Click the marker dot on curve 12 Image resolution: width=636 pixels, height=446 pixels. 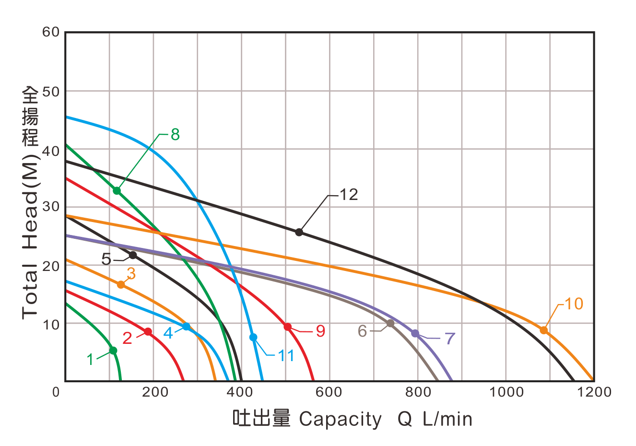pos(299,232)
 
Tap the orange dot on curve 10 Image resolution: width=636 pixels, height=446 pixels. pos(543,330)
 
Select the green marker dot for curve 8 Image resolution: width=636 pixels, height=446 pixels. pos(117,191)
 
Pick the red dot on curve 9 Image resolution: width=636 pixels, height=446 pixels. pos(287,327)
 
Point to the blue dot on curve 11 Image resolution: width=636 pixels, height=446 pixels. pos(253,337)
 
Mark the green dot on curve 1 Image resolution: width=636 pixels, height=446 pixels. pos(113,350)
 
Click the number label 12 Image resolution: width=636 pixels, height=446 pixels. pos(349,195)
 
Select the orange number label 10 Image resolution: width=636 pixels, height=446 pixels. pos(574,304)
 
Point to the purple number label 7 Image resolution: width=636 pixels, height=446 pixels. pos(449,338)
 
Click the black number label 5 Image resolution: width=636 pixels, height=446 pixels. pos(106,259)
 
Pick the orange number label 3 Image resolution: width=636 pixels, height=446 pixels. pos(131,274)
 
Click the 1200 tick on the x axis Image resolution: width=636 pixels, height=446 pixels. pos(594,392)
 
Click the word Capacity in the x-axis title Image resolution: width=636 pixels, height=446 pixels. pos(340,419)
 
